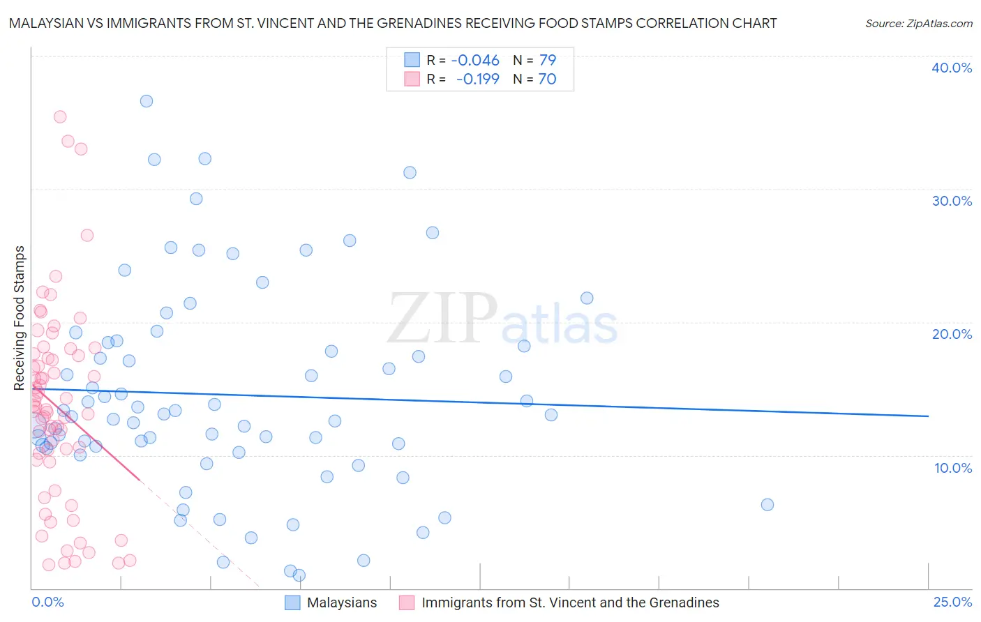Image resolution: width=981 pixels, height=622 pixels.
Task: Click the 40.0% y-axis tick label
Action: (x=952, y=68)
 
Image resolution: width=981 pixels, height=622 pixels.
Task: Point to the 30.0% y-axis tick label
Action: (x=952, y=201)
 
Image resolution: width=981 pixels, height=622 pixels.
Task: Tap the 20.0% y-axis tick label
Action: (x=952, y=334)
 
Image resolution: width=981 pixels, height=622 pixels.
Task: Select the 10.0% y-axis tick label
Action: (x=953, y=468)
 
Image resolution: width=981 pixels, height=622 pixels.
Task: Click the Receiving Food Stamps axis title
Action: (x=20, y=318)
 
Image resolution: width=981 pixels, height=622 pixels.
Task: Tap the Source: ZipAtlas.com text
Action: (x=918, y=24)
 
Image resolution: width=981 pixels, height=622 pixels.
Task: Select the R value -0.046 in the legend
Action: (x=475, y=61)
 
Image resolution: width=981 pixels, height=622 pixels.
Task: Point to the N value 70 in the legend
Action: (x=547, y=79)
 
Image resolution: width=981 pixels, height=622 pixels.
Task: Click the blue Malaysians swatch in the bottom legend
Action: (x=292, y=603)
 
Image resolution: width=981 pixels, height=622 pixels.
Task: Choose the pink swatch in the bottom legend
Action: (x=407, y=603)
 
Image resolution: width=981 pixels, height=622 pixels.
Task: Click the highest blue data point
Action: (x=147, y=101)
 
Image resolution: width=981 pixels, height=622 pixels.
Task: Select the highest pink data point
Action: (x=60, y=117)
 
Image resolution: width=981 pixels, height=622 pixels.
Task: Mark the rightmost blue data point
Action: (x=767, y=505)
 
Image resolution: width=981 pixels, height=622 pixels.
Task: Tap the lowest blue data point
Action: (x=299, y=575)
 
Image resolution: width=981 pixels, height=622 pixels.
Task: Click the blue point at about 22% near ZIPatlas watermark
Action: (x=587, y=298)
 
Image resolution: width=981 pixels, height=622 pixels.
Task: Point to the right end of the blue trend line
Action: (x=928, y=416)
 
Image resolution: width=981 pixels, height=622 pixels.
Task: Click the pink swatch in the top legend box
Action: (x=412, y=79)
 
